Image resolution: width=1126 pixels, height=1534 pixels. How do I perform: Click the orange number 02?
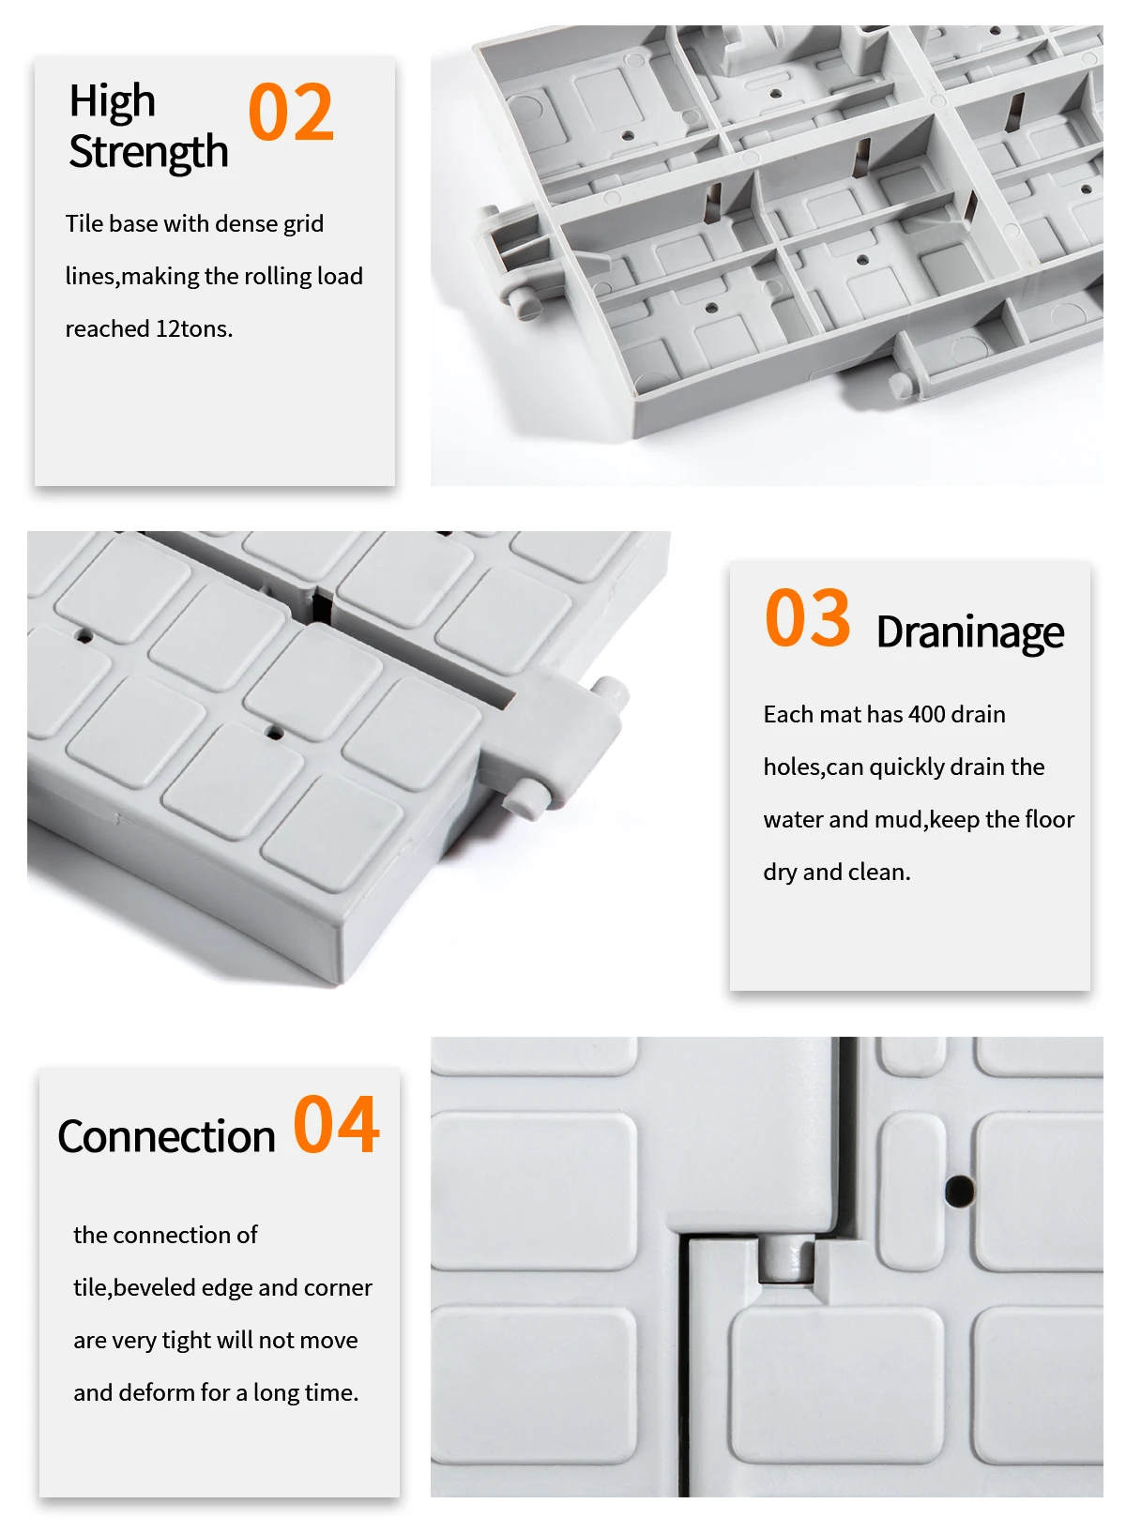tap(290, 111)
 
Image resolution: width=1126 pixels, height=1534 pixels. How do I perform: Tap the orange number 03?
tap(807, 617)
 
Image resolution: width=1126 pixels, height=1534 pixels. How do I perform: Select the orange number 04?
tap(336, 1124)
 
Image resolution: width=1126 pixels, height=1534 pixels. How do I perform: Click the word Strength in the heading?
tap(148, 153)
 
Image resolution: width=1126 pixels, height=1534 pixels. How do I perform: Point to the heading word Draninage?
tap(970, 632)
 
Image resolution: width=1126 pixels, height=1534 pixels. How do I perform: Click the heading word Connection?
tap(166, 1137)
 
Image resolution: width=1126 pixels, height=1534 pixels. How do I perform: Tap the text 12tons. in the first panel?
tap(194, 328)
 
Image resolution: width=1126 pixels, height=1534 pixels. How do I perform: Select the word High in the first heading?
tap(113, 101)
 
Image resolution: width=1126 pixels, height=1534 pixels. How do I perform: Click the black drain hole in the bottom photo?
tap(959, 1191)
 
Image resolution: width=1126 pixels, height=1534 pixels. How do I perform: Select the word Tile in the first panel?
tap(84, 223)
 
